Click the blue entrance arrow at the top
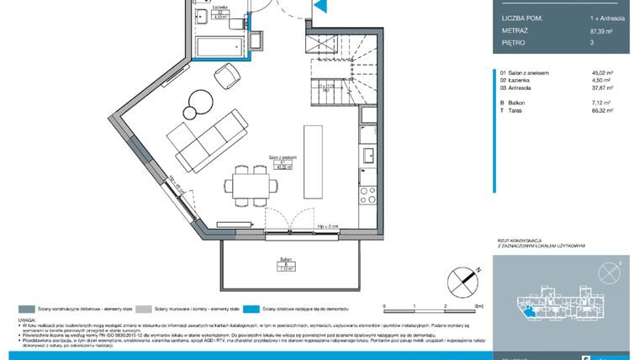coord(319,6)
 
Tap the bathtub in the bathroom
coord(218,47)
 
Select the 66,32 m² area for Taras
coord(604,109)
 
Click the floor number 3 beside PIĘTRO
coord(594,41)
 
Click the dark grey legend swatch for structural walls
coord(27,309)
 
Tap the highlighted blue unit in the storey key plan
coord(528,312)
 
